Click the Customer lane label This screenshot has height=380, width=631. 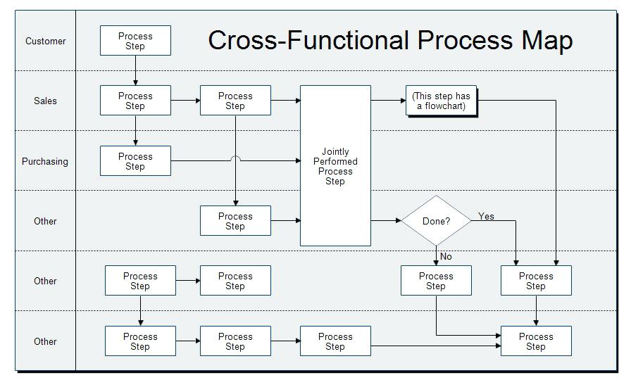pyautogui.click(x=46, y=41)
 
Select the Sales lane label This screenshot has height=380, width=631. pyautogui.click(x=46, y=101)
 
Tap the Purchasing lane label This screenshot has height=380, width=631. pyautogui.click(x=45, y=161)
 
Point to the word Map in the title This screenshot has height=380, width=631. pyautogui.click(x=546, y=40)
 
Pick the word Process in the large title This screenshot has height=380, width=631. pyautogui.click(x=465, y=40)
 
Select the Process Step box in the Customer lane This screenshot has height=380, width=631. pyautogui.click(x=135, y=41)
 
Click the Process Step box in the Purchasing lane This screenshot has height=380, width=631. pyautogui.click(x=135, y=161)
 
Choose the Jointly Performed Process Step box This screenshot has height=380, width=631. pyautogui.click(x=335, y=166)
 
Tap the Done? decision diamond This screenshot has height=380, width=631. pyautogui.click(x=436, y=221)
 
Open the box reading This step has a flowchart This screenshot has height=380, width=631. pyautogui.click(x=442, y=101)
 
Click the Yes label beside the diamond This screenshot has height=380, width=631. pyautogui.click(x=487, y=216)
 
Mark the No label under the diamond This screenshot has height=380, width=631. pyautogui.click(x=446, y=257)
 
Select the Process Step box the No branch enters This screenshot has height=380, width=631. pyautogui.click(x=436, y=281)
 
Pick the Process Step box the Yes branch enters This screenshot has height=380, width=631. pyautogui.click(x=536, y=281)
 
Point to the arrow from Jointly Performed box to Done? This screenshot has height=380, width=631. pyautogui.click(x=386, y=221)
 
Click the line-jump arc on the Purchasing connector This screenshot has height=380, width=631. pyautogui.click(x=235, y=159)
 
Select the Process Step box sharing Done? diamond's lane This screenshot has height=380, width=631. pyautogui.click(x=235, y=221)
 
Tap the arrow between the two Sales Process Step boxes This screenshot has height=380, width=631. pyautogui.click(x=185, y=101)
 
